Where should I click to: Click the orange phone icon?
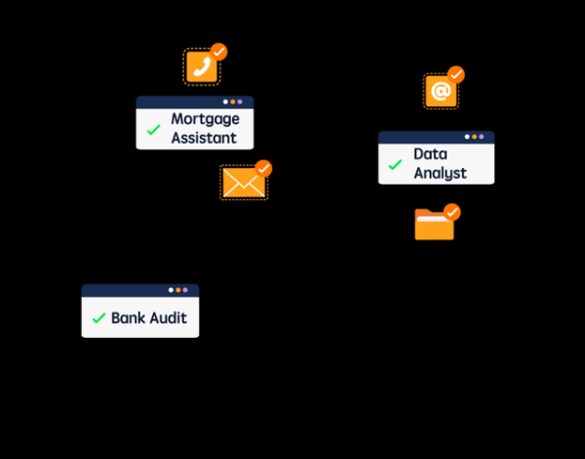[x=202, y=66]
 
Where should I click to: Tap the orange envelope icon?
[x=243, y=183]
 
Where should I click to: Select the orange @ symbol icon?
[x=441, y=91]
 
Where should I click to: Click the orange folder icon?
[x=434, y=226]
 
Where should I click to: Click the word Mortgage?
[x=205, y=119]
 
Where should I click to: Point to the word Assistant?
[x=204, y=139]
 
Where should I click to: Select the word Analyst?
[x=440, y=173]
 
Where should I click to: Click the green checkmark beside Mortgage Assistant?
[x=153, y=129]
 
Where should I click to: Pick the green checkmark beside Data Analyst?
[x=395, y=164]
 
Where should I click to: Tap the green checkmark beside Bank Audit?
[x=98, y=318]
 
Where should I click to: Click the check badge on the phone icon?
[x=219, y=51]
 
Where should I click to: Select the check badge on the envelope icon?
[x=263, y=168]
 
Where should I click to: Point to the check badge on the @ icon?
[x=456, y=74]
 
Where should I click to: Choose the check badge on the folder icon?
[x=451, y=212]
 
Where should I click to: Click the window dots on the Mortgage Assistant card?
[x=232, y=102]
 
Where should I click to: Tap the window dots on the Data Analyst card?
[x=474, y=137]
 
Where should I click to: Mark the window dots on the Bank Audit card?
[x=177, y=290]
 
